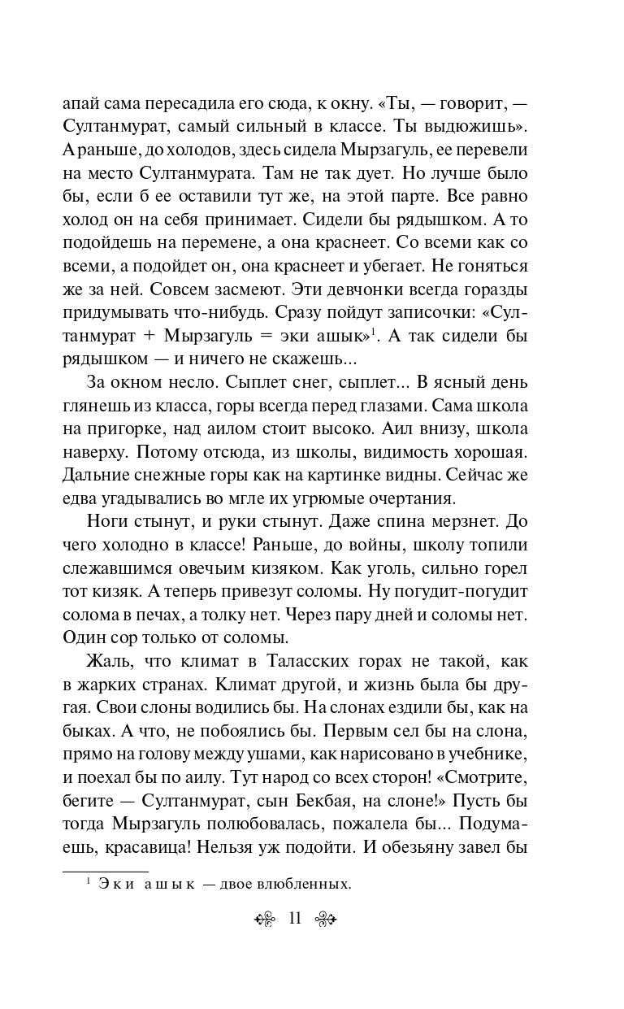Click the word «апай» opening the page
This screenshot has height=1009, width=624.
pyautogui.click(x=80, y=105)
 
